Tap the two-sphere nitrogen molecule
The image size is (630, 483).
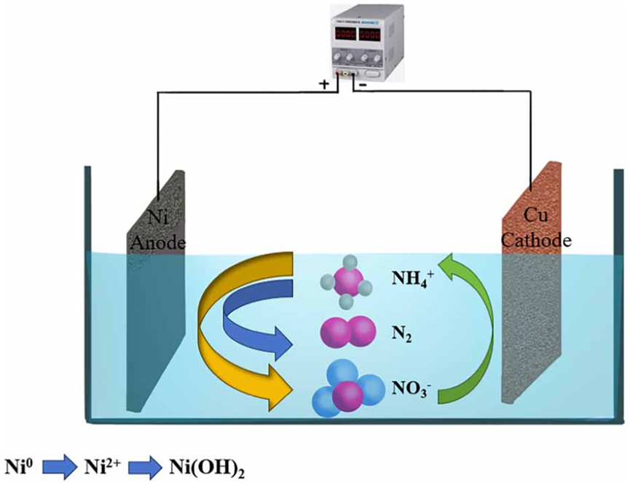[345, 333]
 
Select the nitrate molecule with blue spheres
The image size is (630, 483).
[346, 392]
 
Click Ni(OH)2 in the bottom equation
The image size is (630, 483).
[205, 465]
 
